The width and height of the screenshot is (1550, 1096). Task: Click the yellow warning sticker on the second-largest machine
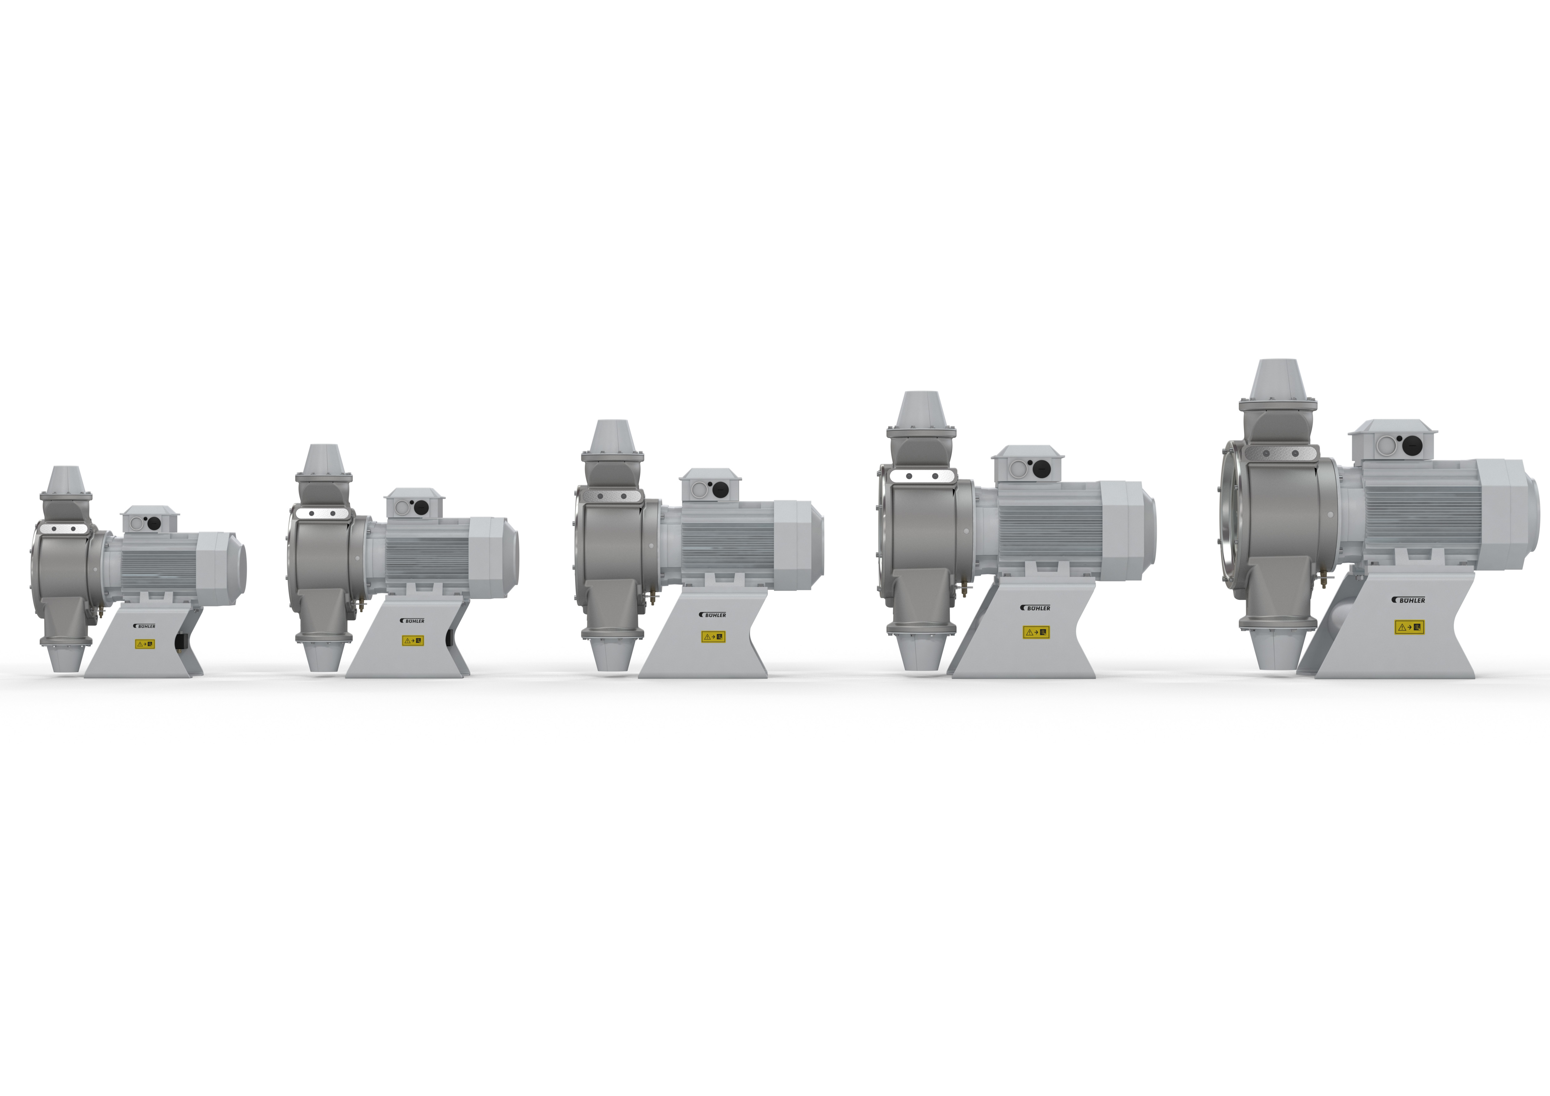[1036, 632]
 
